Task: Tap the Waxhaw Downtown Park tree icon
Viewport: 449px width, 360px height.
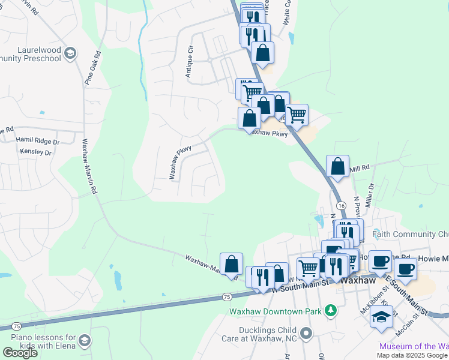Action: click(330, 311)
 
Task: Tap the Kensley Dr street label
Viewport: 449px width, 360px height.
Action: click(35, 152)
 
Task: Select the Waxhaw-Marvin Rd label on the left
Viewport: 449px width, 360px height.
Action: click(89, 167)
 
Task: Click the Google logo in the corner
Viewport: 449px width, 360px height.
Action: click(20, 353)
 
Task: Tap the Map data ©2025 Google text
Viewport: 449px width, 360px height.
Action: click(412, 355)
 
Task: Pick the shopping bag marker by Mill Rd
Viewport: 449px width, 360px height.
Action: click(338, 166)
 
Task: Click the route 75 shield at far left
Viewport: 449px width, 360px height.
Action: click(16, 326)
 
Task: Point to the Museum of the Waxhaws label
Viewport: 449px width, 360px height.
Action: click(414, 346)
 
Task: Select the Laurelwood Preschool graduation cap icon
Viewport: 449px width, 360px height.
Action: click(70, 54)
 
